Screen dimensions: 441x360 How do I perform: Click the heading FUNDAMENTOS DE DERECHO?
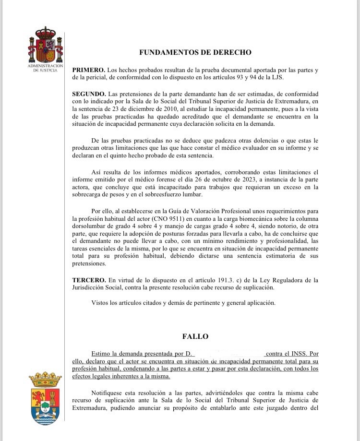click(x=195, y=52)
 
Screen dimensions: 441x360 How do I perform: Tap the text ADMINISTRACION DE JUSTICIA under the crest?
click(x=46, y=68)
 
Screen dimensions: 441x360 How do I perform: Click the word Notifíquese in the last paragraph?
click(x=111, y=393)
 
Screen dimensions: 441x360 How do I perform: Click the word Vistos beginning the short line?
click(x=101, y=303)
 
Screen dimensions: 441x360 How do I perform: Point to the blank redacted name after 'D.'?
click(x=229, y=353)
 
